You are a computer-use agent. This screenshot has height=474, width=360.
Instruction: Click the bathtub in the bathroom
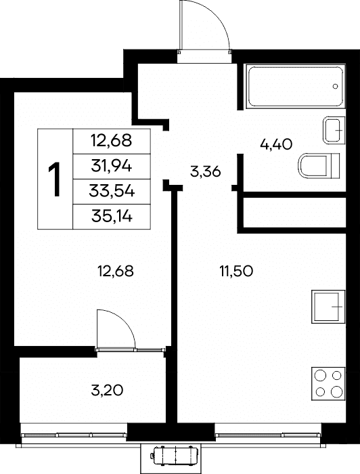pos(295,86)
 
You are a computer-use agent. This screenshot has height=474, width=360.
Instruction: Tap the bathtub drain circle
pos(335,87)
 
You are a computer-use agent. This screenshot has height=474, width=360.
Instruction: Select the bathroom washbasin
pos(334,130)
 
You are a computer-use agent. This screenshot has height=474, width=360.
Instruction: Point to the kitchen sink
pos(329,307)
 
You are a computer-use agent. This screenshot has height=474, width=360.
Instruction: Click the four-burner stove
pos(329,384)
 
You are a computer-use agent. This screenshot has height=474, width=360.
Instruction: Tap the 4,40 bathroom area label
pos(276,144)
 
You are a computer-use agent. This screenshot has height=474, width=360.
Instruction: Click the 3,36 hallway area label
pos(206,172)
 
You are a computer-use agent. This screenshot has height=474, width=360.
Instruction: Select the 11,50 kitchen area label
pos(236,271)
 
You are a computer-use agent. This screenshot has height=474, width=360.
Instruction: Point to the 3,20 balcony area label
pos(107,390)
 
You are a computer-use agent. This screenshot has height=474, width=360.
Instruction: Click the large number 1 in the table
pos(55,179)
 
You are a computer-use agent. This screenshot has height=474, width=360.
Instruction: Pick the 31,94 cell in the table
pos(112,167)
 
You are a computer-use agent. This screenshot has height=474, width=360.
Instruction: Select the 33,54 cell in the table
pos(112,192)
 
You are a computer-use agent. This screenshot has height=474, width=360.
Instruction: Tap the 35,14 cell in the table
pos(112,217)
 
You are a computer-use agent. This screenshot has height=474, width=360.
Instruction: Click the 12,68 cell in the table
pos(112,141)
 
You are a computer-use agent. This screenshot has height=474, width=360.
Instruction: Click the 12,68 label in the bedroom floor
pos(116,271)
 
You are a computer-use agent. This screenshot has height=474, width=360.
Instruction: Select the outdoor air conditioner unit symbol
pos(175,455)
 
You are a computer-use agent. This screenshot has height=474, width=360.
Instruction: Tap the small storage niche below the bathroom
pos(294,213)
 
